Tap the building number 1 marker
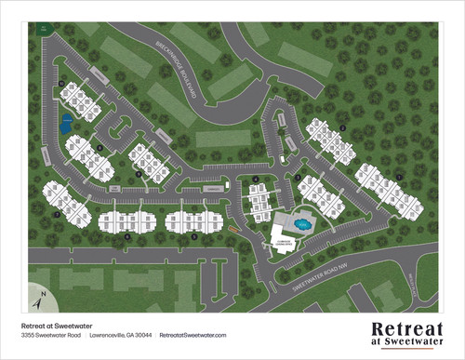[x=400, y=176]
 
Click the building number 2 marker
[x=343, y=127]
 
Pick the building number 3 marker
[x=297, y=177]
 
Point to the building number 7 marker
[x=57, y=215]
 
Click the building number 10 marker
[x=60, y=86]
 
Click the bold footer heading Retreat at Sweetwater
[x=59, y=324]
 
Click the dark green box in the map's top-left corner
[x=44, y=29]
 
